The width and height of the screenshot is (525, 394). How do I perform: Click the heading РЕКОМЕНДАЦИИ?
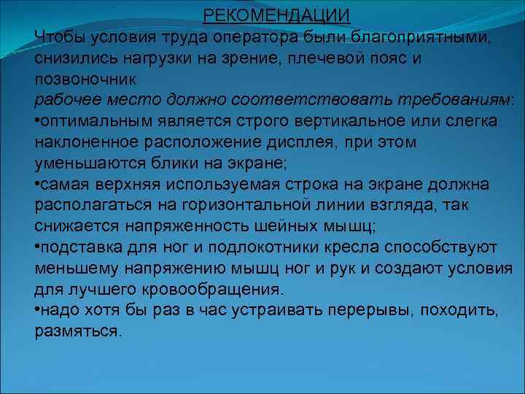click(x=276, y=15)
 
